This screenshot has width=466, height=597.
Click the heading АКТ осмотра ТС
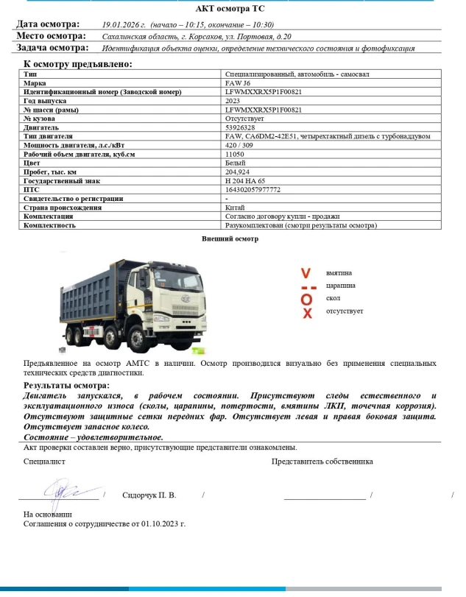click(232, 10)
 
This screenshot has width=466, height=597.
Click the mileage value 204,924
click(237, 172)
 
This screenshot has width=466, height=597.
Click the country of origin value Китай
click(235, 208)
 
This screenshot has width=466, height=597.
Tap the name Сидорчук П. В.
click(149, 495)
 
